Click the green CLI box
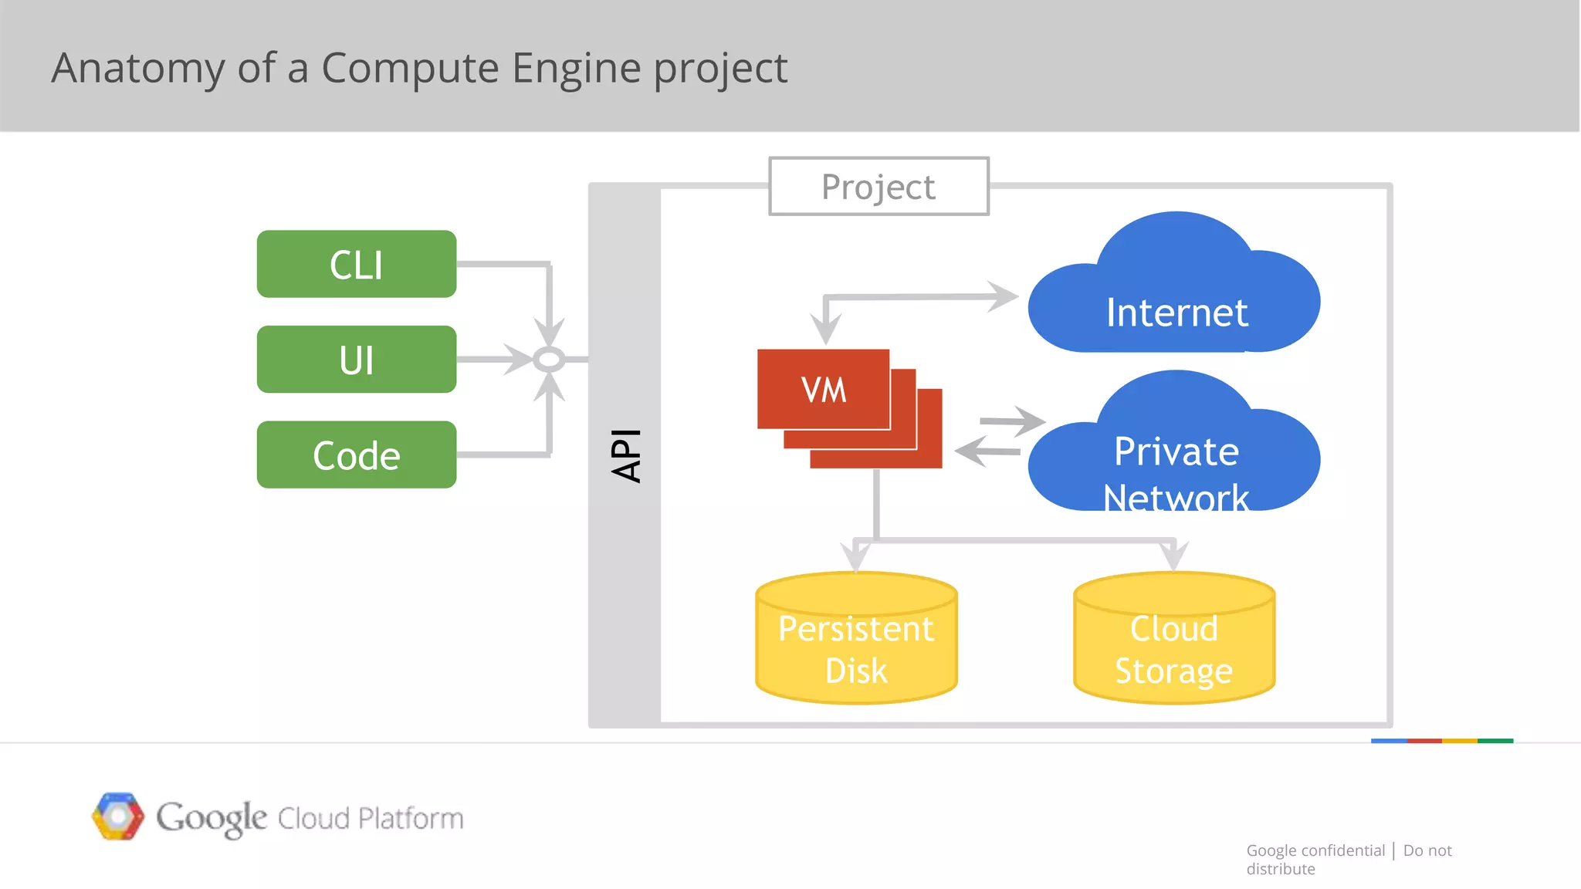pyautogui.click(x=356, y=264)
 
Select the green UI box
pyautogui.click(x=356, y=360)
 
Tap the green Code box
pyautogui.click(x=356, y=455)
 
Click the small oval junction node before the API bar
pyautogui.click(x=549, y=360)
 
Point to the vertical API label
pyautogui.click(x=625, y=455)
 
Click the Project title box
pyautogui.click(x=879, y=187)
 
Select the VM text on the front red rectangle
pyautogui.click(x=824, y=390)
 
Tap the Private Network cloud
pyautogui.click(x=1175, y=459)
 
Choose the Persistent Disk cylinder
pyautogui.click(x=856, y=641)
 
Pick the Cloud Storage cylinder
pyautogui.click(x=1173, y=641)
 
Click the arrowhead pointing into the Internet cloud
pyautogui.click(x=1004, y=296)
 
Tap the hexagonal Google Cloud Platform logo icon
pyautogui.click(x=118, y=816)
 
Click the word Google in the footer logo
pyautogui.click(x=212, y=818)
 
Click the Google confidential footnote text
pyautogui.click(x=1315, y=850)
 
